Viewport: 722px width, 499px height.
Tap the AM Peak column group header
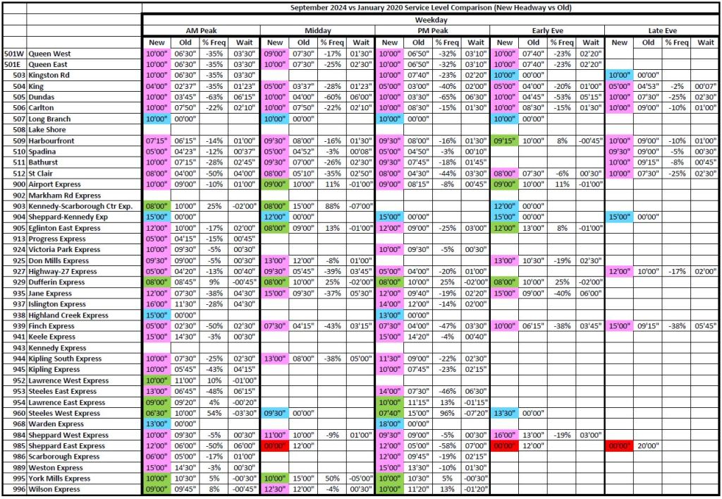201,31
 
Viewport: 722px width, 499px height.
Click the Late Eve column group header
662,31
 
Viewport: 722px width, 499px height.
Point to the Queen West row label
49,54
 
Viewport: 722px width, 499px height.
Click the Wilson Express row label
54,489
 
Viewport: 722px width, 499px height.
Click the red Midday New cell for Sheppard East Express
275,446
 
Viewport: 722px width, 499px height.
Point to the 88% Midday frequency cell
331,206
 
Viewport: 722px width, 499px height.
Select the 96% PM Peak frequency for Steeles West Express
447,414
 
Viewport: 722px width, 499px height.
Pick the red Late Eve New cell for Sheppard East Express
620,446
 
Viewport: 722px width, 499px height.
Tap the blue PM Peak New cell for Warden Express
390,424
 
